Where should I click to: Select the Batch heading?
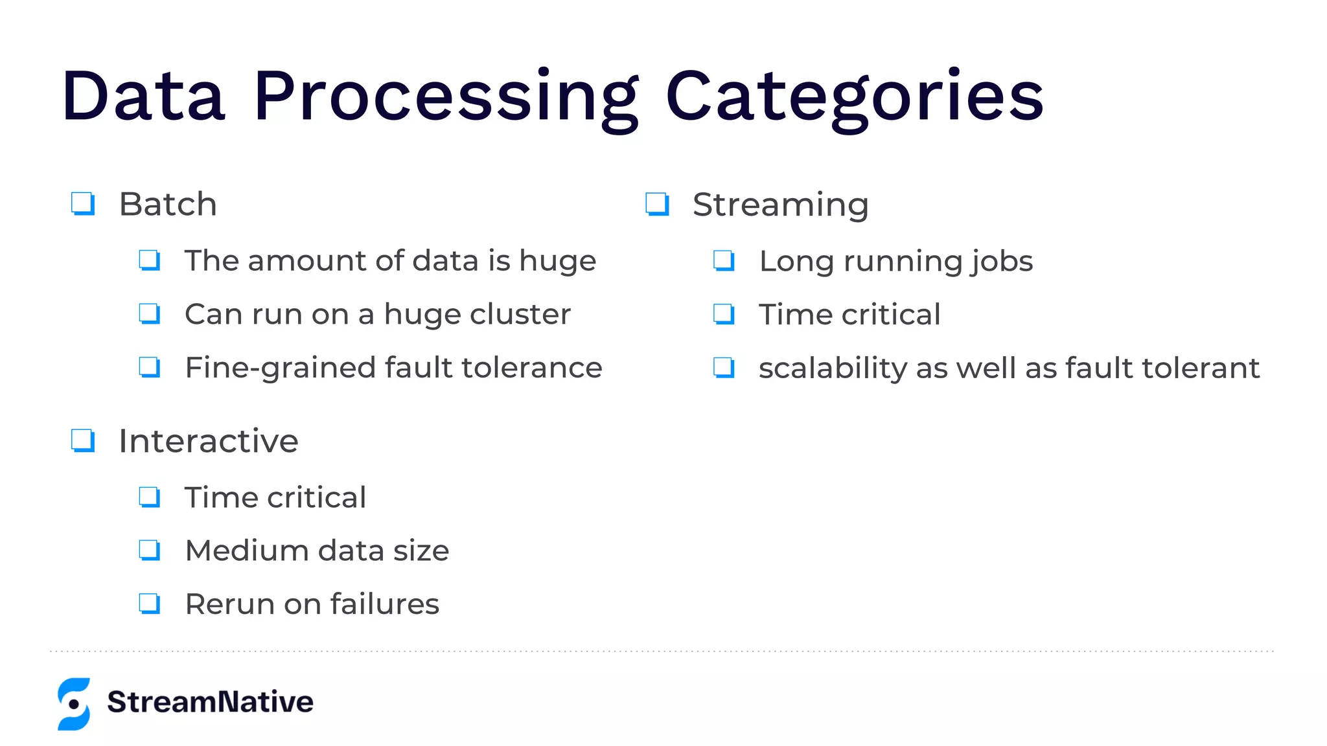168,205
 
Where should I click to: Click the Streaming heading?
780,205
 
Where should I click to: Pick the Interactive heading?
208,442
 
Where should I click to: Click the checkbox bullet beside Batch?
83,204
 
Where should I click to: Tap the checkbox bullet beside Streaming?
657,204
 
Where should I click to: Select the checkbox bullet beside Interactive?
83,441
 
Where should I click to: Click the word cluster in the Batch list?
520,314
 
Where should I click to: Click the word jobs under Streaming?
1000,261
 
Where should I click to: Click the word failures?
385,604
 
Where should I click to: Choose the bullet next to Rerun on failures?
150,604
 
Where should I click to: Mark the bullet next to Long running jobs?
724,261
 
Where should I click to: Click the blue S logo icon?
74,704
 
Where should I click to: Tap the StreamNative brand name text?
210,702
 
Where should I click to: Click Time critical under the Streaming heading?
849,315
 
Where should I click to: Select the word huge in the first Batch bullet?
557,261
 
